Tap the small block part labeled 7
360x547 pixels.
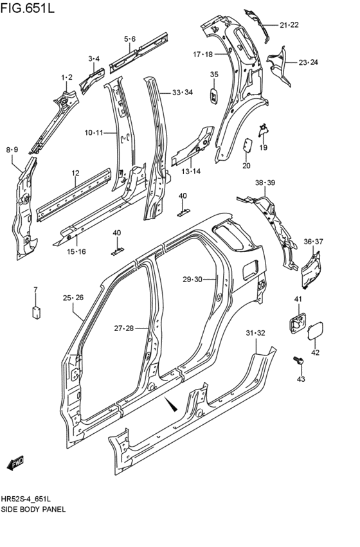[x=36, y=312]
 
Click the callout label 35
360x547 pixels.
[x=214, y=75]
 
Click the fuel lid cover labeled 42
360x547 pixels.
[x=315, y=332]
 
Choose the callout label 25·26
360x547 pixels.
[x=73, y=297]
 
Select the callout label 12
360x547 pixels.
[x=75, y=173]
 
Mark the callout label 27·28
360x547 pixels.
[x=125, y=328]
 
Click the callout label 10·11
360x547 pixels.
[x=93, y=133]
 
